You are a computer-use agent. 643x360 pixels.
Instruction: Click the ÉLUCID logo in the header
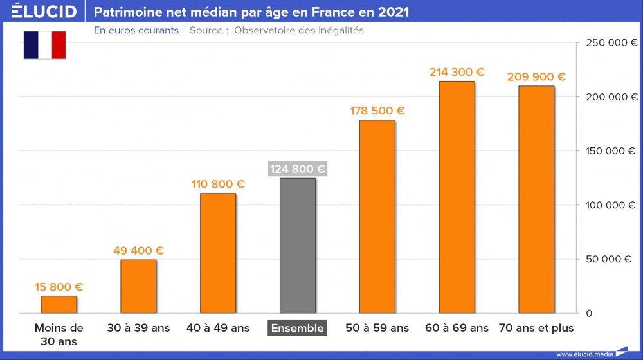pyautogui.click(x=44, y=12)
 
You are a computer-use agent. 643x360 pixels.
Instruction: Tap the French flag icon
pyautogui.click(x=45, y=45)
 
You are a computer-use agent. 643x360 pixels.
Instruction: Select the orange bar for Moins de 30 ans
pyautogui.click(x=59, y=304)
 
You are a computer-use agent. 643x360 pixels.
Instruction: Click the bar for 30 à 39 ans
pyautogui.click(x=138, y=286)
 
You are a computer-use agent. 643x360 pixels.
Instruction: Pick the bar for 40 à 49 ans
pyautogui.click(x=218, y=253)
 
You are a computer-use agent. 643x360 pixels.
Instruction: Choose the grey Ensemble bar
pyautogui.click(x=298, y=246)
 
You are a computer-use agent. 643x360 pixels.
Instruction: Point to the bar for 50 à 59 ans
pyautogui.click(x=377, y=216)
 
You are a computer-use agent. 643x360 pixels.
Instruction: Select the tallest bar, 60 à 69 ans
pyautogui.click(x=457, y=197)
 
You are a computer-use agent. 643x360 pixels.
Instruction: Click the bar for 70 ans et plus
pyautogui.click(x=536, y=199)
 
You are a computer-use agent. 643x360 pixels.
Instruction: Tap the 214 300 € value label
pyautogui.click(x=457, y=73)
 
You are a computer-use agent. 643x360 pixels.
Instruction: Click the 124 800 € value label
pyautogui.click(x=298, y=169)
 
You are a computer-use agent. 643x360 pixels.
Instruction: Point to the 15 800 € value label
pyautogui.click(x=59, y=287)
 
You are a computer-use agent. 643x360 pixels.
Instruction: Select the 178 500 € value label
pyautogui.click(x=377, y=111)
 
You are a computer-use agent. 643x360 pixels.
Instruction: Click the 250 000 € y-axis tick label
pyautogui.click(x=611, y=43)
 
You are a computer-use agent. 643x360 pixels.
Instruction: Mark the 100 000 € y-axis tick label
pyautogui.click(x=611, y=205)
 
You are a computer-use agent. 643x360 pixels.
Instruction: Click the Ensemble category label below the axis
pyautogui.click(x=298, y=328)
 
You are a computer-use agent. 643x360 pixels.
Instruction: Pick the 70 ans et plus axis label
pyautogui.click(x=536, y=328)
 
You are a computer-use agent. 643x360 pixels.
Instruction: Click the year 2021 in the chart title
pyautogui.click(x=392, y=12)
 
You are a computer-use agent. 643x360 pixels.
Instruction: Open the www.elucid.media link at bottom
pyautogui.click(x=584, y=354)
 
